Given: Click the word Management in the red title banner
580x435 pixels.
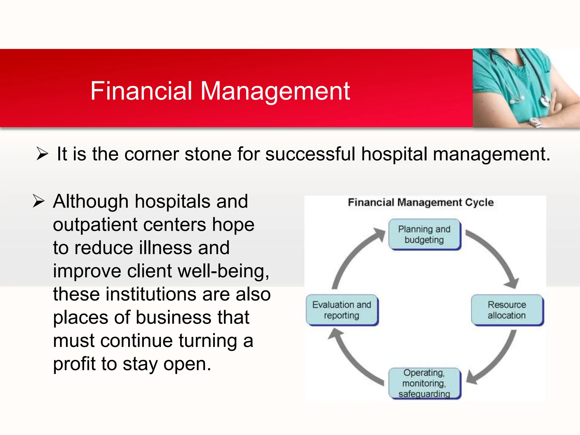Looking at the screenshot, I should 275,91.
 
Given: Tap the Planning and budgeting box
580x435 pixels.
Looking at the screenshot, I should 424,234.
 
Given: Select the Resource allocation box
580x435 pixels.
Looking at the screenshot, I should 507,310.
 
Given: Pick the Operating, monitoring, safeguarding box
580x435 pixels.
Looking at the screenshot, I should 424,383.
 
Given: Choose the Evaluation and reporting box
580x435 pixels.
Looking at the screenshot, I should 342,310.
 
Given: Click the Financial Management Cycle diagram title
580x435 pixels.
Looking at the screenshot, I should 421,202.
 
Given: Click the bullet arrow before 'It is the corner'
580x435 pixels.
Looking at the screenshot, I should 42,154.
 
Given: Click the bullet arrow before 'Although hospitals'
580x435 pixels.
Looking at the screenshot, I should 39,201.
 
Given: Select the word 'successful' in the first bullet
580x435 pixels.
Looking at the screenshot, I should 310,154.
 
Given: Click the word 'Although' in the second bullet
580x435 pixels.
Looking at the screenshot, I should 91,202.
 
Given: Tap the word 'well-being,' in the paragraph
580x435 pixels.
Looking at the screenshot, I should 223,271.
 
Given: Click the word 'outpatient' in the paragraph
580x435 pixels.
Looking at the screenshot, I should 95,225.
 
